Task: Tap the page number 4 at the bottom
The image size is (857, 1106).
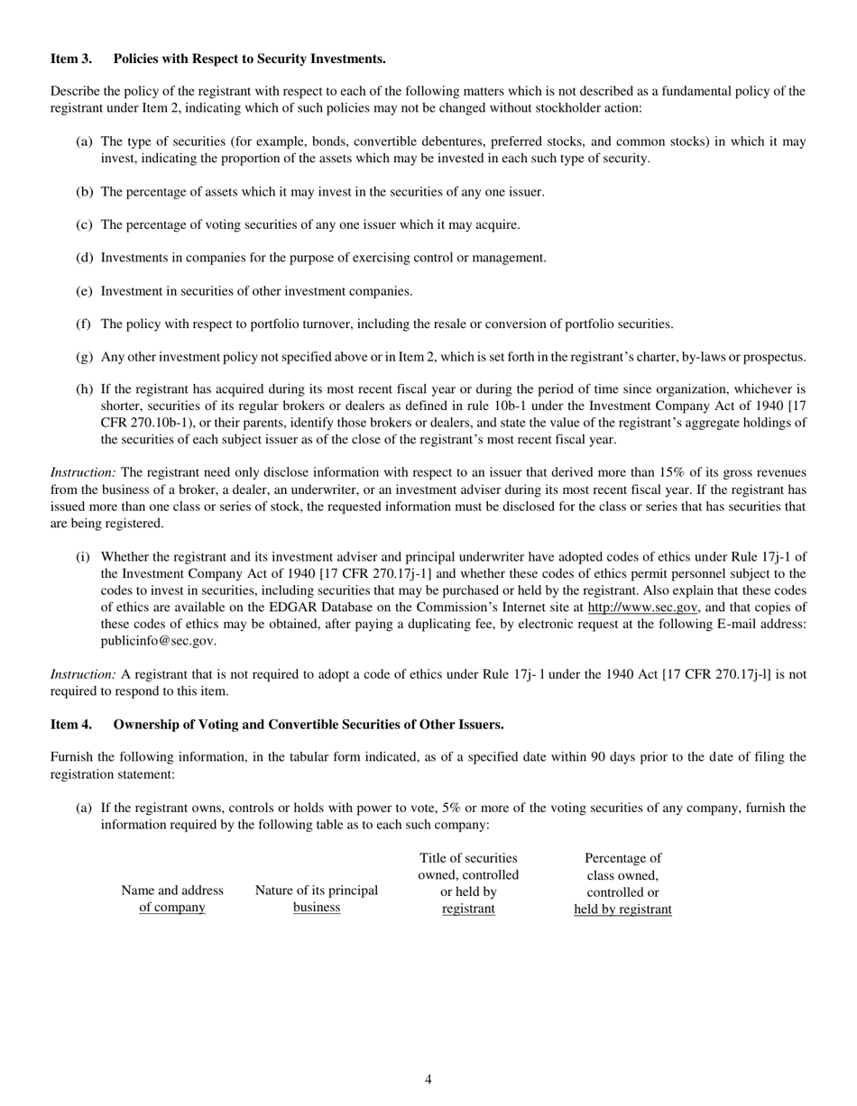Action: pyautogui.click(x=428, y=1080)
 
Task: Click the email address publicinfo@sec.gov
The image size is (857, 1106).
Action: pyautogui.click(x=158, y=641)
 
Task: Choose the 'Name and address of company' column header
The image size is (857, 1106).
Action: pyautogui.click(x=171, y=900)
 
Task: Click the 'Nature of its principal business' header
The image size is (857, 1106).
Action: pyautogui.click(x=317, y=900)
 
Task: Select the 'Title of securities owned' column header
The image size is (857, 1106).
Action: pyautogui.click(x=468, y=883)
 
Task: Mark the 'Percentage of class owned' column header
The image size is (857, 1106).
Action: pyautogui.click(x=622, y=883)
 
